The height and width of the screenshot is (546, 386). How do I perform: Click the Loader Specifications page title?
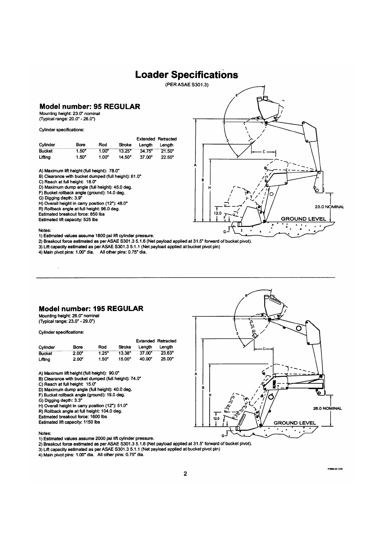pyautogui.click(x=187, y=75)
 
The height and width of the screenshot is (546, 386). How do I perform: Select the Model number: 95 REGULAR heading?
pyautogui.click(x=89, y=106)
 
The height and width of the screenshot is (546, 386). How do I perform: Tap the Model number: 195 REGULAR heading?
pyautogui.click(x=91, y=308)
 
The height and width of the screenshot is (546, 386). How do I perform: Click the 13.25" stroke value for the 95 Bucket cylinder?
pyautogui.click(x=125, y=151)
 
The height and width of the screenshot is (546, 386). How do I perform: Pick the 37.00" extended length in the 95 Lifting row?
pyautogui.click(x=146, y=157)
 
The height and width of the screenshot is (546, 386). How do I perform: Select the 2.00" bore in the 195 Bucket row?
pyautogui.click(x=78, y=353)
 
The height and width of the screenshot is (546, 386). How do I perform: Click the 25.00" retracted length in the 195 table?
pyautogui.click(x=166, y=359)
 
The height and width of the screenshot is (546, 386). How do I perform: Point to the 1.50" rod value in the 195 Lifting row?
pyautogui.click(x=103, y=359)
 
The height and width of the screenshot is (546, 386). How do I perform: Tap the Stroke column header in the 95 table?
pyautogui.click(x=125, y=145)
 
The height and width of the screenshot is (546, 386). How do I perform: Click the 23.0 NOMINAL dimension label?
pyautogui.click(x=329, y=207)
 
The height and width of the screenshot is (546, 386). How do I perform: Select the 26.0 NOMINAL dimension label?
pyautogui.click(x=327, y=408)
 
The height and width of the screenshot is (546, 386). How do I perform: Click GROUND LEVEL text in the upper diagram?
pyautogui.click(x=303, y=219)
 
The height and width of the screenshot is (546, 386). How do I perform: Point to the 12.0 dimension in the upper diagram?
pyautogui.click(x=218, y=213)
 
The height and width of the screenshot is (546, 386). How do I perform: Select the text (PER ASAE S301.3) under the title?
pyautogui.click(x=187, y=85)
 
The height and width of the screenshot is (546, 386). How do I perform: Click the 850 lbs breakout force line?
pyautogui.click(x=72, y=214)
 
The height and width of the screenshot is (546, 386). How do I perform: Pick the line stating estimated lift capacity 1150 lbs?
pyautogui.click(x=69, y=422)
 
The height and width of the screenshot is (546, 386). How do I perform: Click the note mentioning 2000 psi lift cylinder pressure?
pyautogui.click(x=96, y=438)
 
